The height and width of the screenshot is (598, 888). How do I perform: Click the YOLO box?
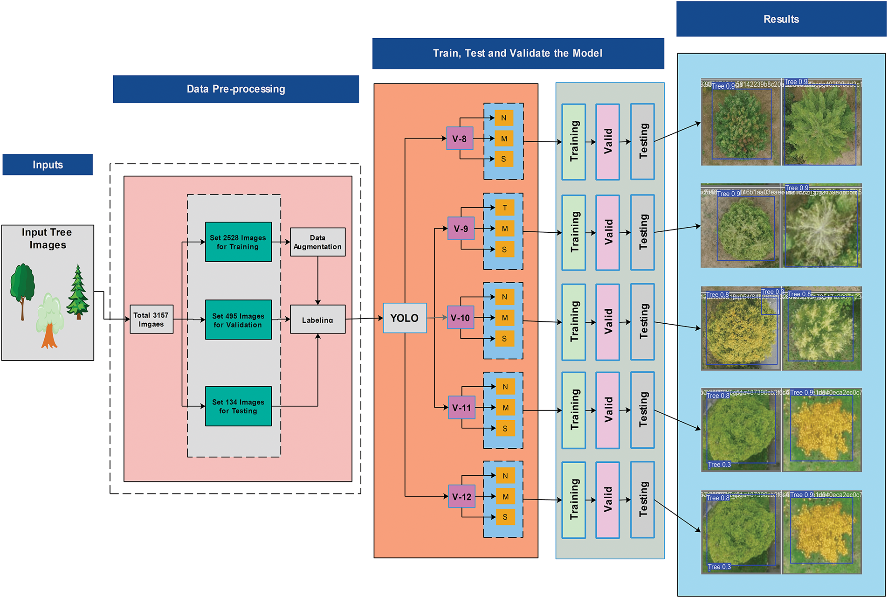point(404,318)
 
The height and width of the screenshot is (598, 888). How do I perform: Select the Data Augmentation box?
point(317,242)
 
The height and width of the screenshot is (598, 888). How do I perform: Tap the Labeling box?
point(317,320)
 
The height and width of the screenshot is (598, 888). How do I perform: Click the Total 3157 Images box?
point(151,320)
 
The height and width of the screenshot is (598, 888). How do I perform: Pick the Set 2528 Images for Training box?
point(238,242)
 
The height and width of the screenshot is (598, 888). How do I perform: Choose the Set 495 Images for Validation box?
point(238,320)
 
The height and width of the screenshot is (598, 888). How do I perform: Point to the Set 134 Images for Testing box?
point(238,406)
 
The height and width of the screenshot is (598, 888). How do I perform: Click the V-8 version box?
point(460,139)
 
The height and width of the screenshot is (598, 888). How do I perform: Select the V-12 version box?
point(461,497)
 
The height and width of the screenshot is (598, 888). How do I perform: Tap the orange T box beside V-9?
point(504,208)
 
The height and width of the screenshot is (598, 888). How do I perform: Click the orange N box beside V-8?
point(503,118)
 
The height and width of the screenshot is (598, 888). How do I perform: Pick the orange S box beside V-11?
point(505,428)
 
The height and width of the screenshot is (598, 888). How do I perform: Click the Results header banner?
point(781,19)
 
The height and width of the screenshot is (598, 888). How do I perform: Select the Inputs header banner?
point(48,165)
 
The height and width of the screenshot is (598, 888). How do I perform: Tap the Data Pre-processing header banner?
point(235,89)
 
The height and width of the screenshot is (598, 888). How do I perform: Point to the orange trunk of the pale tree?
point(49,337)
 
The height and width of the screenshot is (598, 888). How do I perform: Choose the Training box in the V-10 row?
point(574,322)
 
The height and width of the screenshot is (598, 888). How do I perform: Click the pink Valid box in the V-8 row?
point(607,142)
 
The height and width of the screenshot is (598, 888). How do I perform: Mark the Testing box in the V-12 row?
point(642,500)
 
